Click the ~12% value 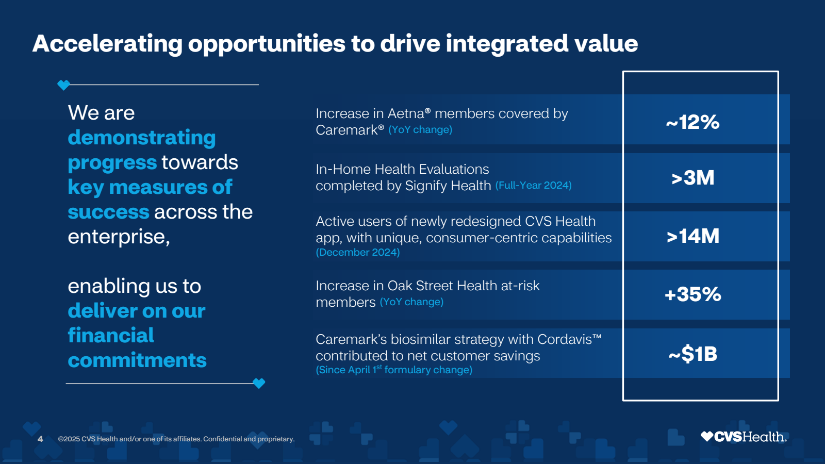[x=692, y=122]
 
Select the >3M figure [x=692, y=178]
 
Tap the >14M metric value [x=692, y=236]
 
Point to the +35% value [x=692, y=294]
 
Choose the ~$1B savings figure [x=692, y=354]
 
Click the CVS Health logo [x=743, y=437]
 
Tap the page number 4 [x=40, y=439]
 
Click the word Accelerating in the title [x=107, y=43]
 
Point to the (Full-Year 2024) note [x=533, y=185]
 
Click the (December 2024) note [x=358, y=252]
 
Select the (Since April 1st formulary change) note [x=394, y=370]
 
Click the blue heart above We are [x=63, y=85]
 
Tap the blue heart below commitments [x=259, y=383]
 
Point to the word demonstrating [x=142, y=138]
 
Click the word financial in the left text [x=111, y=336]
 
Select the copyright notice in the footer [x=176, y=439]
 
